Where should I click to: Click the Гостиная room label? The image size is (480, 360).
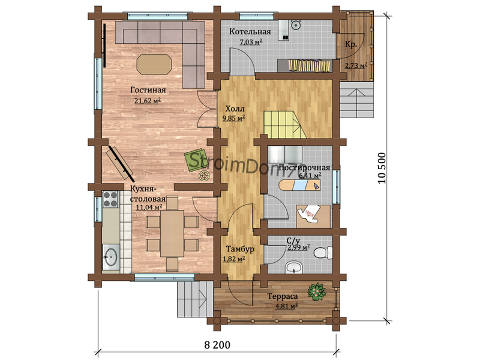(148, 90)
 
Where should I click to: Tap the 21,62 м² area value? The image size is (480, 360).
(148, 101)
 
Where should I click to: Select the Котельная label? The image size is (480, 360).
(250, 32)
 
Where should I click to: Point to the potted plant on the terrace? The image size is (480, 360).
(317, 292)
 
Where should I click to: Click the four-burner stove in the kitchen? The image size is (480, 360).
(110, 199)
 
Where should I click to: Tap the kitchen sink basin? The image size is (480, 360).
(110, 256)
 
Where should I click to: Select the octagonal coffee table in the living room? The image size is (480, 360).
(154, 64)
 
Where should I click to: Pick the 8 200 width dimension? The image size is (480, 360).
(217, 345)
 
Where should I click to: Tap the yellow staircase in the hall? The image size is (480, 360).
(286, 125)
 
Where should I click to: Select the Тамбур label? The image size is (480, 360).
(240, 249)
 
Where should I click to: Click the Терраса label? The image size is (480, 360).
(283, 296)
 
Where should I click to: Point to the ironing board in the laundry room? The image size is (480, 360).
(299, 185)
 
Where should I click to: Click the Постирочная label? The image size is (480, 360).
(305, 168)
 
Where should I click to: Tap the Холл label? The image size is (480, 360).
(235, 109)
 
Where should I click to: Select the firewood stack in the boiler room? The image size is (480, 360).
(310, 65)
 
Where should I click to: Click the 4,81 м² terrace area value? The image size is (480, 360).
(287, 306)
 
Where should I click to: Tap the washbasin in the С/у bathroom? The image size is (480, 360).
(294, 268)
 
